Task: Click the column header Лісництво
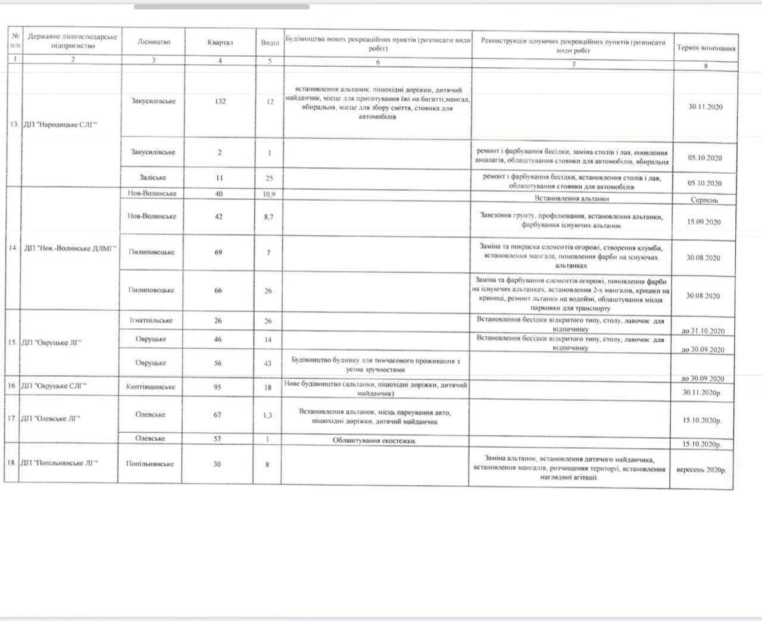click(153, 42)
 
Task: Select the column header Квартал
click(220, 42)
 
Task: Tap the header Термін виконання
click(705, 48)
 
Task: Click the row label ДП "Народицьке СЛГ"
click(60, 125)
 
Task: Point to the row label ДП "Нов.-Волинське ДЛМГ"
click(70, 248)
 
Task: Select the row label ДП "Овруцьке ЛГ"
click(51, 342)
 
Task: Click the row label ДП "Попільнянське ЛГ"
click(59, 463)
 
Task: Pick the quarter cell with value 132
click(220, 101)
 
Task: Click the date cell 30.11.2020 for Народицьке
click(705, 107)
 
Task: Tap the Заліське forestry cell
click(152, 177)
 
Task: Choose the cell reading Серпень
click(704, 200)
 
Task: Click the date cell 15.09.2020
click(704, 221)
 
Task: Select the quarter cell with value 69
click(218, 252)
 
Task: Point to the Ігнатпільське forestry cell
click(151, 320)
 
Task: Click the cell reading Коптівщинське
click(151, 386)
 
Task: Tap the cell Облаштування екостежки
click(374, 441)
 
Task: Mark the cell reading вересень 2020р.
click(701, 470)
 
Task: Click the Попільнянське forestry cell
click(149, 464)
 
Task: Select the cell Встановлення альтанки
click(571, 198)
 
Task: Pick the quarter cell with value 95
click(217, 387)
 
